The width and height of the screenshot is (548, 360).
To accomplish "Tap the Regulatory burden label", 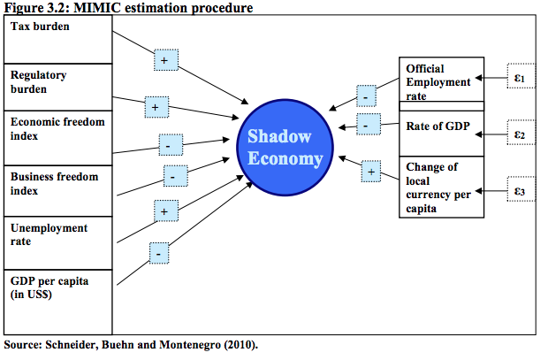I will click(39, 82).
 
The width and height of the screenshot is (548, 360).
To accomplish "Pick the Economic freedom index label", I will click(49, 130).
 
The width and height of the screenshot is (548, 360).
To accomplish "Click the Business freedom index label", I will click(54, 183).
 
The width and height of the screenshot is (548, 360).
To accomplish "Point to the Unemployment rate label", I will click(49, 234).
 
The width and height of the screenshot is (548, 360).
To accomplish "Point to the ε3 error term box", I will click(520, 190).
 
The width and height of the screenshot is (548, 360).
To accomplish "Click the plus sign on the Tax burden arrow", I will click(165, 60).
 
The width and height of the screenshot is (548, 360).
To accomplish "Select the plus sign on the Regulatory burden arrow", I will click(156, 107).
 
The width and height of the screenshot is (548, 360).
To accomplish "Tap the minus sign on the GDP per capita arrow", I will click(159, 254).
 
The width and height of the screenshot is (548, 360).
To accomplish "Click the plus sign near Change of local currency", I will click(371, 172).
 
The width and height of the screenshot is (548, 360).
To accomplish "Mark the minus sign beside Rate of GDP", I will click(366, 126).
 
